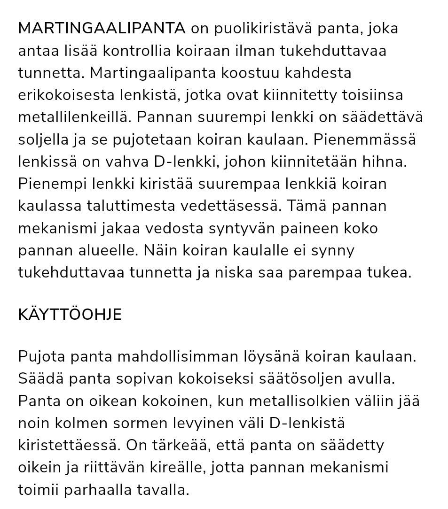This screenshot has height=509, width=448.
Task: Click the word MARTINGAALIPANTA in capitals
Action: coord(102,29)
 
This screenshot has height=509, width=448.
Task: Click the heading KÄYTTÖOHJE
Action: coord(70,315)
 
